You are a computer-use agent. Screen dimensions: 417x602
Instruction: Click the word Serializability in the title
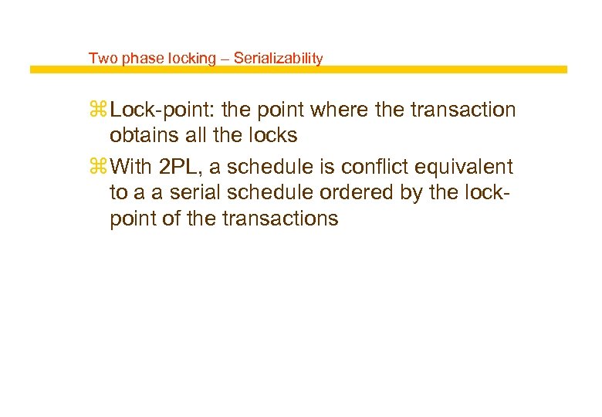coord(278,58)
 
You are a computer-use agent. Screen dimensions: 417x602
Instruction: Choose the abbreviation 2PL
coord(178,167)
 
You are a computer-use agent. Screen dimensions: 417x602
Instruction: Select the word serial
coord(191,192)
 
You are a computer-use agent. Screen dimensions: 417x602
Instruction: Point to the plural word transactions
coord(280,219)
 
